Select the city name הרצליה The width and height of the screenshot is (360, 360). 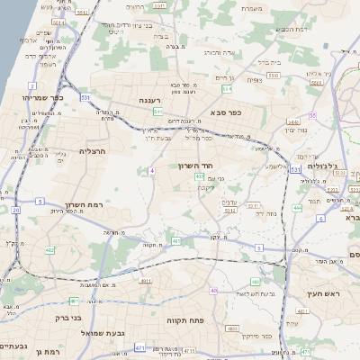click(92, 151)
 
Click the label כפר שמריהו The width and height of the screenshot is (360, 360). click(41, 96)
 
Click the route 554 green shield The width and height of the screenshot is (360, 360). click(227, 89)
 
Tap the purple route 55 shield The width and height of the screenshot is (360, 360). click(313, 115)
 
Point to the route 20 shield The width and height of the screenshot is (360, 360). click(15, 209)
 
